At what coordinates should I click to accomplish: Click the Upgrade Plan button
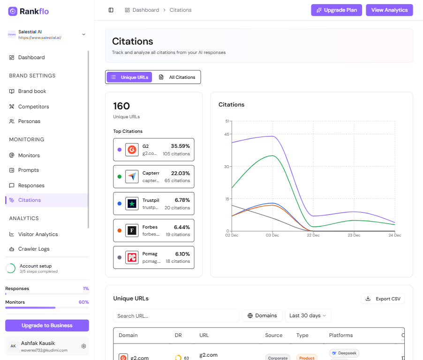coord(336,10)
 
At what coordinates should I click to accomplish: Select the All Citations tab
coord(177,77)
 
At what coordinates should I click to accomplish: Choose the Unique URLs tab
coord(129,77)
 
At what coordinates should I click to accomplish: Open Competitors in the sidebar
coord(33,107)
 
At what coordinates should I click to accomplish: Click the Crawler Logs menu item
coord(33,249)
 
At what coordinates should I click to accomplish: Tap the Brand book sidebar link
coord(32,91)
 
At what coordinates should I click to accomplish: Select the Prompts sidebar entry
coord(28,170)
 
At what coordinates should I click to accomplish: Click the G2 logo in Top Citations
coord(132,150)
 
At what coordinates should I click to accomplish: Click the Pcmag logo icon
coord(132,257)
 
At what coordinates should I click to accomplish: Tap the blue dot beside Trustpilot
coord(120,204)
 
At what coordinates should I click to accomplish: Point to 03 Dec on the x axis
coord(272,235)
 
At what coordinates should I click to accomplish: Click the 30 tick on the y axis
coord(227,167)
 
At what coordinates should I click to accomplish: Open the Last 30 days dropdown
coord(308,315)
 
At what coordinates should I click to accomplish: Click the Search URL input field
coord(176,316)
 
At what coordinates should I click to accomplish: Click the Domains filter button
coord(262,315)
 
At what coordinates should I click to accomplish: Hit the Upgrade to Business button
coord(47,325)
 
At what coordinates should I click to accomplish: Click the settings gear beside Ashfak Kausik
coord(83,346)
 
